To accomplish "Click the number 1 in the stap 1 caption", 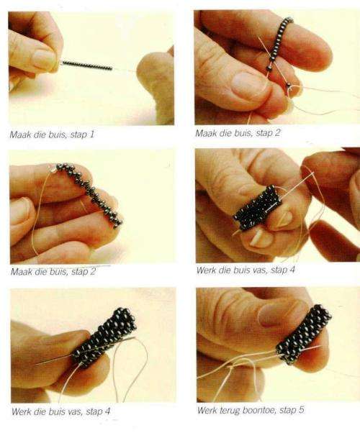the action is click(x=91, y=135).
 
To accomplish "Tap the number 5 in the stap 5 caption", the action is click(x=301, y=410).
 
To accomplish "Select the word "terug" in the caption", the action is click(x=230, y=411).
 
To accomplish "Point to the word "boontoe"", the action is click(x=259, y=410).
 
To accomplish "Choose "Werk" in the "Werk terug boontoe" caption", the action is click(x=207, y=410).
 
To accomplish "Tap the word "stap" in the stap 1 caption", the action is click(x=78, y=135).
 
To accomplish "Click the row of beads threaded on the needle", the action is click(x=87, y=65).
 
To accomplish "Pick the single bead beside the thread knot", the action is click(x=289, y=84).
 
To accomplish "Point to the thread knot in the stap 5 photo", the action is click(x=230, y=367).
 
